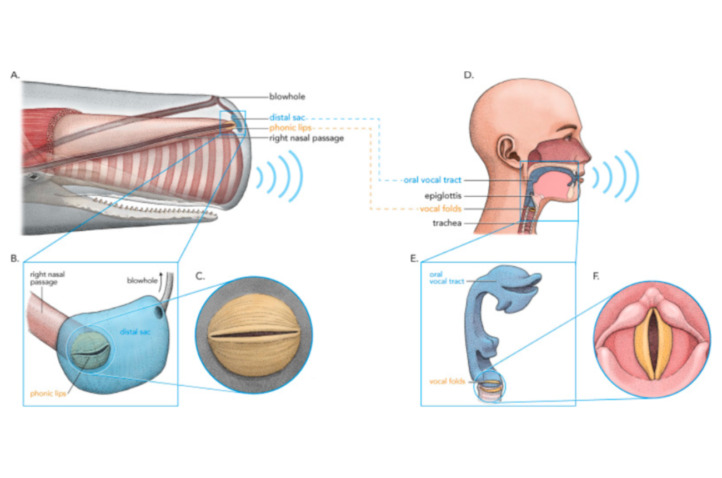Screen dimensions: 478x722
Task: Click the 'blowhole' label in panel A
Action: click(x=287, y=97)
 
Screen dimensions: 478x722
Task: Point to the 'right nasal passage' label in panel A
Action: click(x=306, y=138)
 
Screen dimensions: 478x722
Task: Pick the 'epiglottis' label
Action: click(x=443, y=196)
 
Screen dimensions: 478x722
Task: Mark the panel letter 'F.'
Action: click(x=596, y=276)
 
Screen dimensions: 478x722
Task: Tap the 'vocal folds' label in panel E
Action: click(x=447, y=382)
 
